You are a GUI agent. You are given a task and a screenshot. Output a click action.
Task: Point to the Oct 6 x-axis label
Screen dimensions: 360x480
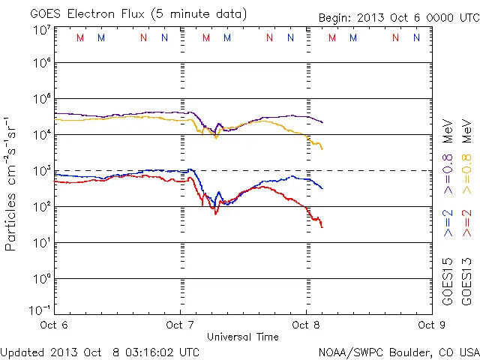pyautogui.click(x=54, y=325)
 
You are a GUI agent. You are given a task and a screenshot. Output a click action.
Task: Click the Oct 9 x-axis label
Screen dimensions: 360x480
pyautogui.click(x=427, y=325)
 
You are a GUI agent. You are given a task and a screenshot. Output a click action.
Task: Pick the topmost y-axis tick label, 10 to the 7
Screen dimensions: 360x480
pyautogui.click(x=41, y=30)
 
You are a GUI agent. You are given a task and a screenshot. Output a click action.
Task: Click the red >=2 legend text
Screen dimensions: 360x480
pyautogui.click(x=466, y=223)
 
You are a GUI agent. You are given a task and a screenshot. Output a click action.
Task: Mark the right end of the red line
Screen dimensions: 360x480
pyautogui.click(x=322, y=226)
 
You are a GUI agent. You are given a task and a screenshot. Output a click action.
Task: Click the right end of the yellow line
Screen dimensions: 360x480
pyautogui.click(x=322, y=148)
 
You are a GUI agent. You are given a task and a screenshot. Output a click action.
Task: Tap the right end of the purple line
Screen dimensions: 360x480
pyautogui.click(x=322, y=122)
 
